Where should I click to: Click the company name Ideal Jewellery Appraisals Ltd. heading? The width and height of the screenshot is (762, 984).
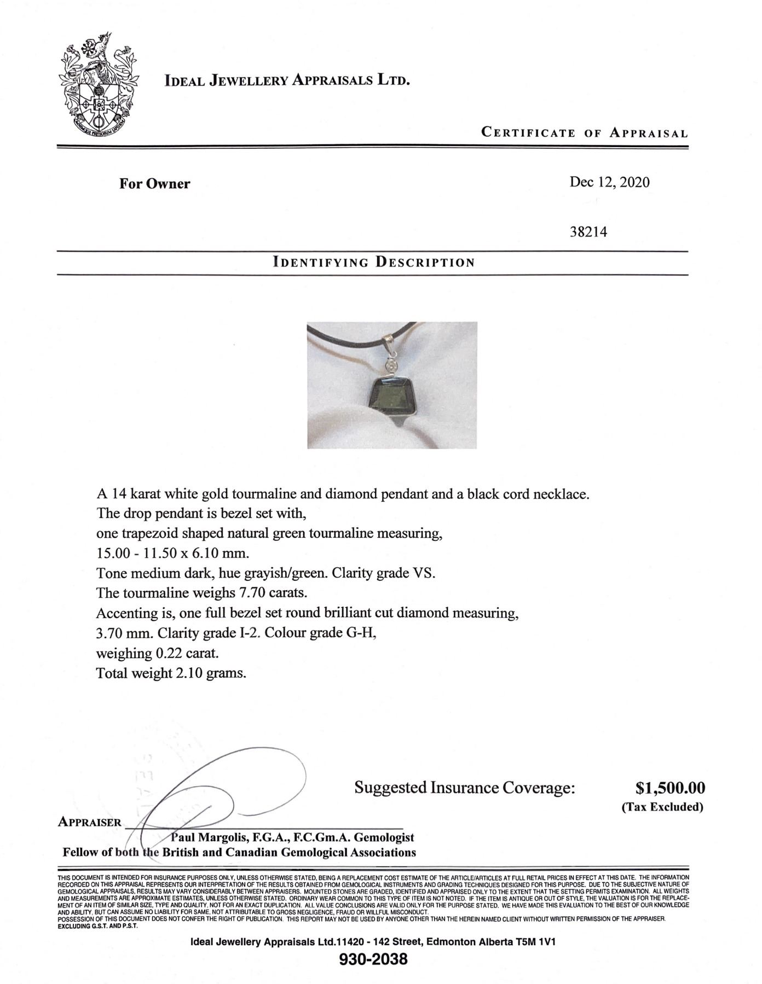[287, 81]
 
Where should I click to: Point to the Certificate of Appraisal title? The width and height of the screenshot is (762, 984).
[584, 133]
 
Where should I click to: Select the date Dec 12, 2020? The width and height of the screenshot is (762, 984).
[609, 182]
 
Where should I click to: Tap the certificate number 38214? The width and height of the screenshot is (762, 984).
[588, 232]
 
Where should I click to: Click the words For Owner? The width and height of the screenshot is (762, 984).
[154, 184]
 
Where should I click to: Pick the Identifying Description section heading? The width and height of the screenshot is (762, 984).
[373, 262]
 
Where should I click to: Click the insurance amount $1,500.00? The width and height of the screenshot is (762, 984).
[670, 788]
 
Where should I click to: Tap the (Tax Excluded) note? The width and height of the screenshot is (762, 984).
[662, 807]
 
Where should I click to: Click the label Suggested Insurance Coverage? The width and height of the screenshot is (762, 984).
[465, 788]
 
